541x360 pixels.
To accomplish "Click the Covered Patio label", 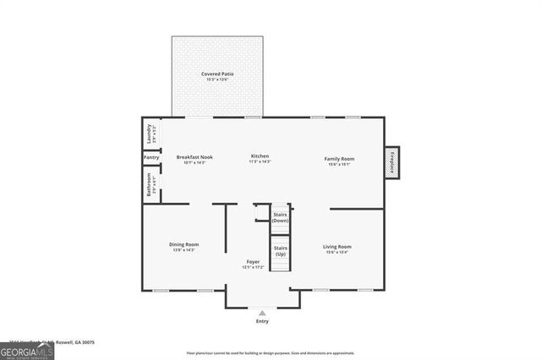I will coord(217,74).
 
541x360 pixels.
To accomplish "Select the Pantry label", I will coord(151,158).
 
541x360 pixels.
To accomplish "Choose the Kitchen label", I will coord(260,156).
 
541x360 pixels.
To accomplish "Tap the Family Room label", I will coord(341,159).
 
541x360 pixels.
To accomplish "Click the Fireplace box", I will coord(391,161).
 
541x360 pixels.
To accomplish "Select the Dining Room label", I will coord(183,246).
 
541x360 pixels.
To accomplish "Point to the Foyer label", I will coord(253,262).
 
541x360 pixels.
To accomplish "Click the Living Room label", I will coord(337,247).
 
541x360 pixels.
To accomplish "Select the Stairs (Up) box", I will coord(280,253).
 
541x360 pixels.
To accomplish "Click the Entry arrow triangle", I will coord(262,313).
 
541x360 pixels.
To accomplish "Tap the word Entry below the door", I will coord(262,322).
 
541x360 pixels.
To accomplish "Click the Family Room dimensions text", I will coord(341,164).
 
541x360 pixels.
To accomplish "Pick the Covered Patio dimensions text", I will coord(217,80).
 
